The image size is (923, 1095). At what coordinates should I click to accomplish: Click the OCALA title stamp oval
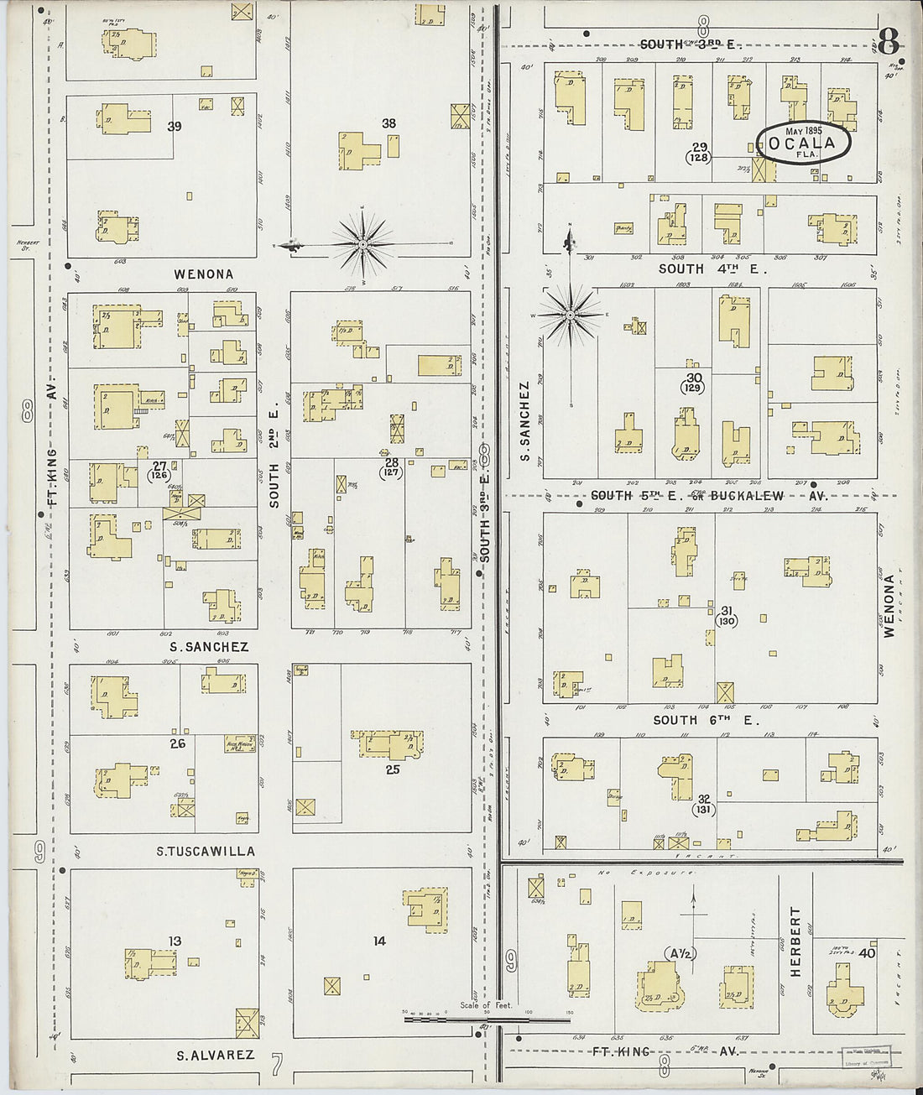pos(803,143)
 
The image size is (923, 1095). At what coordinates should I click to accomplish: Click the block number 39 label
pos(175,127)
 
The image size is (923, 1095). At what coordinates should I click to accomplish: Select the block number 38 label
pos(388,123)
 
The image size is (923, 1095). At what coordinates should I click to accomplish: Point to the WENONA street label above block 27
pos(204,274)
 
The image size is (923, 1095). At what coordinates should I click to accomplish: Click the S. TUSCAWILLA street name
pos(206,852)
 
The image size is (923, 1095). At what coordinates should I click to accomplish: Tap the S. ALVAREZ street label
pos(215,1055)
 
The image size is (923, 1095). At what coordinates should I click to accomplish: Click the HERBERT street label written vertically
pos(795,941)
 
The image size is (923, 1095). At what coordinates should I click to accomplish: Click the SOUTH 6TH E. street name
pos(706,720)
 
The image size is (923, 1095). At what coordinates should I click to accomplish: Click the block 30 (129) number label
pos(693,383)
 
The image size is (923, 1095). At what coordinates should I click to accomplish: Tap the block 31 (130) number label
pos(727,616)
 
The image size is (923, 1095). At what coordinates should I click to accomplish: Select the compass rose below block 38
pos(362,244)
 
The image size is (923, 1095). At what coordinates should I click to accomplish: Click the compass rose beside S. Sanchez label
pos(570,315)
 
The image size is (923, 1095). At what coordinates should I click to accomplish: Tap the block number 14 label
pos(379,941)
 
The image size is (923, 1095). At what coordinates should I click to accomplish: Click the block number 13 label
pos(174,941)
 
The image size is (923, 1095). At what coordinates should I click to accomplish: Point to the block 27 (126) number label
pos(159,470)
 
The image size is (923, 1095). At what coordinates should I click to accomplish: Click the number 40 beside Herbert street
pos(867,953)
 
